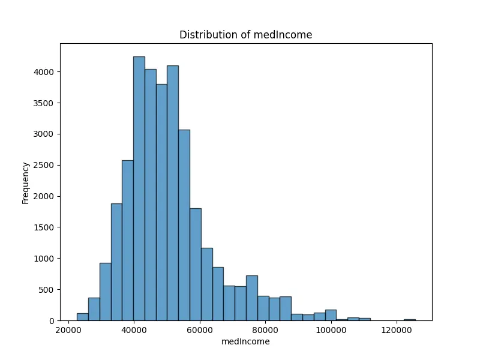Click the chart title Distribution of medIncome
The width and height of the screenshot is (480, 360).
[x=245, y=35]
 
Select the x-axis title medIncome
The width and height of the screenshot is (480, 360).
[x=245, y=341]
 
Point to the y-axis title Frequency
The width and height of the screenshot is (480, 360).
[x=26, y=182]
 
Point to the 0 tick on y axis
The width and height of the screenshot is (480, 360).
[x=52, y=321]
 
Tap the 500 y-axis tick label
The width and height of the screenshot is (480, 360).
[x=46, y=290]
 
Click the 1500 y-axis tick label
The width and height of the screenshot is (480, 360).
[x=44, y=227]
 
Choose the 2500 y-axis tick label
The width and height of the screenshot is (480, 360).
[x=44, y=165]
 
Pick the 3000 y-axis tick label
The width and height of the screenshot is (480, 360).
[x=44, y=134]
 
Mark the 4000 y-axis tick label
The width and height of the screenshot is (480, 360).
[x=44, y=72]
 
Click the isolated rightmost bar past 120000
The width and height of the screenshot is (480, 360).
[x=410, y=319]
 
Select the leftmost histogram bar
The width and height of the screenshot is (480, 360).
[x=82, y=317]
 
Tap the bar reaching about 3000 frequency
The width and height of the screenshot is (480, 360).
[x=184, y=225]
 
